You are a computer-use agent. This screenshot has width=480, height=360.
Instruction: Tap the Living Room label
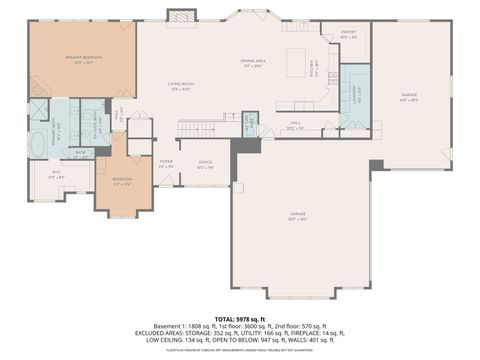pyautogui.click(x=181, y=87)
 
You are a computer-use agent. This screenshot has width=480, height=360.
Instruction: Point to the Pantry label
pyautogui.click(x=348, y=34)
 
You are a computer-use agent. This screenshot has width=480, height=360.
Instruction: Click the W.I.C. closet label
pyautogui.click(x=58, y=176)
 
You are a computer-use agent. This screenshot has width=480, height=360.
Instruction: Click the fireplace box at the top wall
pyautogui.click(x=180, y=16)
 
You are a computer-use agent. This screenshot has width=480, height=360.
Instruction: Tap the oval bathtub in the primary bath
pyautogui.click(x=37, y=142)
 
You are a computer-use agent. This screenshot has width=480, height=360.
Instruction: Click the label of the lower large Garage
pyautogui.click(x=297, y=214)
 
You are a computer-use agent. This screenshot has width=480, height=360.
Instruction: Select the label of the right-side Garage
pyautogui.click(x=409, y=97)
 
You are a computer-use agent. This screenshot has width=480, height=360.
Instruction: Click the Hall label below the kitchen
pyautogui.click(x=294, y=127)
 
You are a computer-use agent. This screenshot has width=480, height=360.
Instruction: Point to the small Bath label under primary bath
pyautogui.click(x=79, y=153)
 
